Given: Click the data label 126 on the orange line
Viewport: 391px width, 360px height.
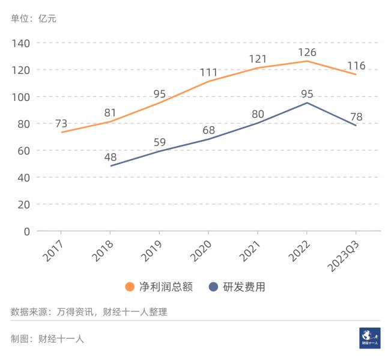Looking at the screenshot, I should (x=306, y=52).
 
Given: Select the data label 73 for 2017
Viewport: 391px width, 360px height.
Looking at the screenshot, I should (x=61, y=124).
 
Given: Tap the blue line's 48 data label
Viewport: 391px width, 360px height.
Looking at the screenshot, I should (x=110, y=157).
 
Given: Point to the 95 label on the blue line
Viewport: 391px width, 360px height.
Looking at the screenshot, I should (x=306, y=94).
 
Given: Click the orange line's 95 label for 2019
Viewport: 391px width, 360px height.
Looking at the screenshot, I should (x=159, y=94).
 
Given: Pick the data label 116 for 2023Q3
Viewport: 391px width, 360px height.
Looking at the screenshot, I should (x=356, y=66).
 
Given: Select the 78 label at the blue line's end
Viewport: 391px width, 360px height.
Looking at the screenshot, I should (x=356, y=117).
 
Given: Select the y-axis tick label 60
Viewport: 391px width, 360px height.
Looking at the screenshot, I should (x=23, y=150).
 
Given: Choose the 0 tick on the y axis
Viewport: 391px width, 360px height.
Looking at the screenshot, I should (x=26, y=231).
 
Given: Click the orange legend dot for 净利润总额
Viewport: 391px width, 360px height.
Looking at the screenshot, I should (x=130, y=287).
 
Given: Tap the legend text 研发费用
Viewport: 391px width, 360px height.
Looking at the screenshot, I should (x=244, y=287).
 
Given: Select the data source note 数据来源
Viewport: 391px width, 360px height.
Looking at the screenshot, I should (x=89, y=312).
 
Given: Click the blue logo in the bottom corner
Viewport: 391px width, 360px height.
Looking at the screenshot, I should (x=369, y=338).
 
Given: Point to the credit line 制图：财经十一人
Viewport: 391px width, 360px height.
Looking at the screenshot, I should (x=47, y=338).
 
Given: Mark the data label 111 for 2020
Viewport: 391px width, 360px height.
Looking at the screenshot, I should (x=208, y=73).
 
